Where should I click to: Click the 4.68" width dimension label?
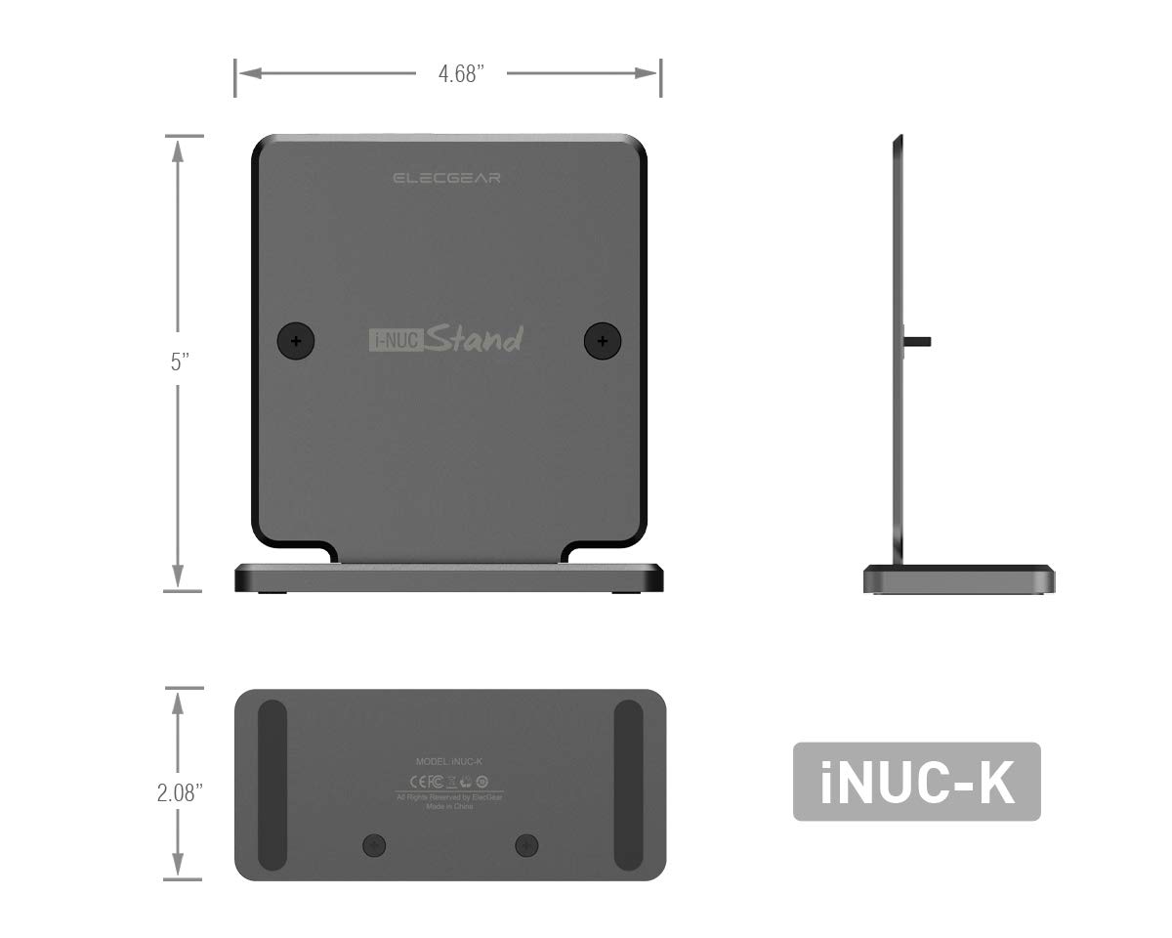point(461,75)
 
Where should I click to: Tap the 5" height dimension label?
point(179,363)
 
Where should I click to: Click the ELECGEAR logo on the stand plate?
point(446,178)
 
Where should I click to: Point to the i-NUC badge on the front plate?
point(394,341)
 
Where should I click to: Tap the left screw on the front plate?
point(297,341)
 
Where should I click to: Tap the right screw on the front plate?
point(603,341)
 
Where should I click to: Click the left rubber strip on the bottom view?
point(272,785)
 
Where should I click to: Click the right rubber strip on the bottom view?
point(628,785)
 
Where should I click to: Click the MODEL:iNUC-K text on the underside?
point(449,760)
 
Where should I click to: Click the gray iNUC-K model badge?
point(915,781)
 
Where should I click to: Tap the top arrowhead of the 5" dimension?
point(177,147)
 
